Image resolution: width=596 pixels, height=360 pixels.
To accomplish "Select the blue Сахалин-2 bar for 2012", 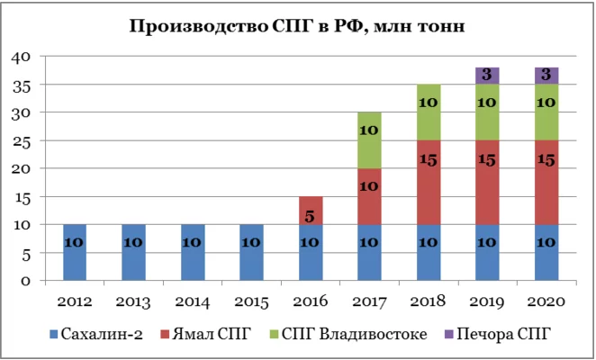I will coord(76,252).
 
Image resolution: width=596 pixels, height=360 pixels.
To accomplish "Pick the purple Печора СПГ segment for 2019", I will coord(486,76).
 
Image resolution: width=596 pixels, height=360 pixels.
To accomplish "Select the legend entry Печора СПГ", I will coord(503,335).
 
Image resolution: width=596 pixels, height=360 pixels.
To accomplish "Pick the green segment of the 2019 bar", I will coord(486,112).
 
